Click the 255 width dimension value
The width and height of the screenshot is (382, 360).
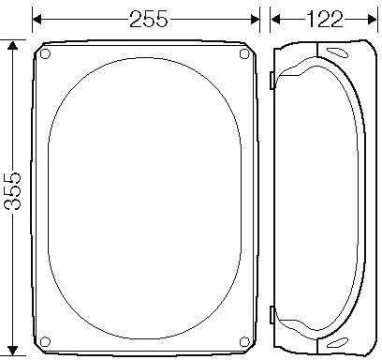coord(149,20)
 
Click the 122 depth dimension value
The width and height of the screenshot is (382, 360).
coord(325,20)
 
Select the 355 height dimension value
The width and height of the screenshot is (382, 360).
coord(12,190)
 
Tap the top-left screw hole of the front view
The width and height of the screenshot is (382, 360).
coord(45,53)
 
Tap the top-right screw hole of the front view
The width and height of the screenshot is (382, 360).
coord(244,53)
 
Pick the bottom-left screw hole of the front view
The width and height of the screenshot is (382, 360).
coord(45,341)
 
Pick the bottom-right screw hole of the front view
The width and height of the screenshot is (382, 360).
coord(244,341)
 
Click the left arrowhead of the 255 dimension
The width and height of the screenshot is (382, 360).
coord(37,20)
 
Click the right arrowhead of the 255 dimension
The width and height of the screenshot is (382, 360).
coord(256,20)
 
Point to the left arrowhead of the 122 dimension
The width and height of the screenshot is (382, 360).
coord(275,20)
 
